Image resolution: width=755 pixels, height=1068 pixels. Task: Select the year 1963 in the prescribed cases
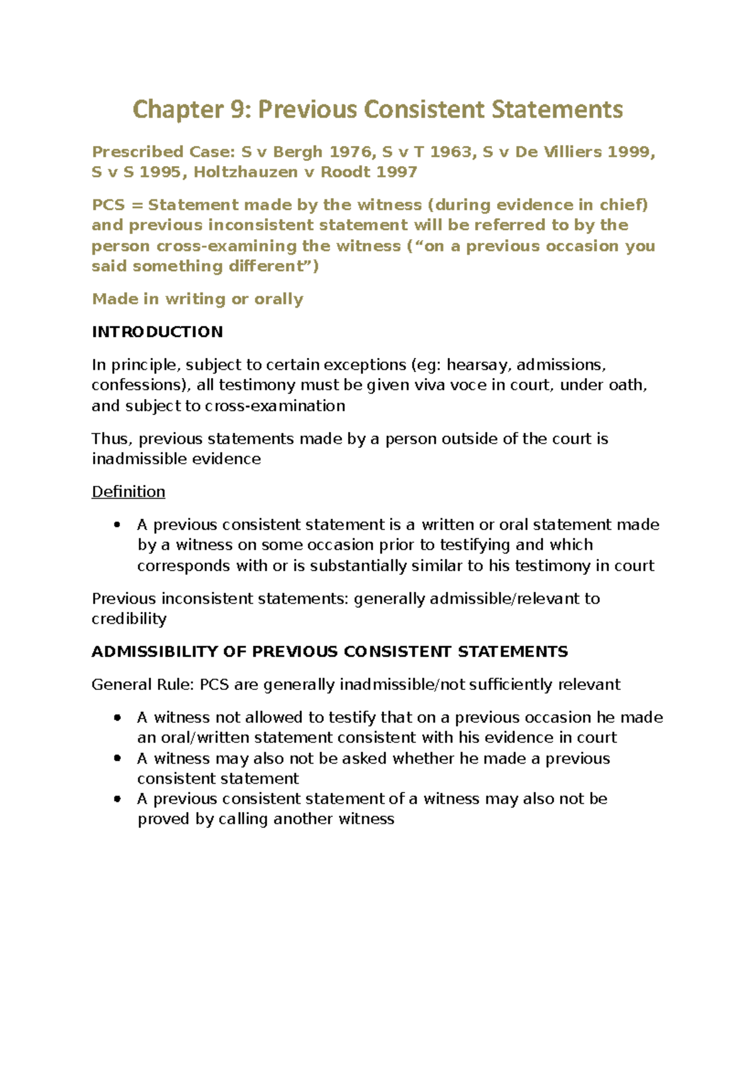[x=451, y=152]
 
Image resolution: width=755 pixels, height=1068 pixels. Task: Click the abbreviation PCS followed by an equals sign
[x=108, y=205]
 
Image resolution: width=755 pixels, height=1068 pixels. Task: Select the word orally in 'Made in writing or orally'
[x=278, y=299]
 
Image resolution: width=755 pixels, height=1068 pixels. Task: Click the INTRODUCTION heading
[x=157, y=332]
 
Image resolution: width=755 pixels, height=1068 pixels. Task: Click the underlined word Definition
[x=128, y=492]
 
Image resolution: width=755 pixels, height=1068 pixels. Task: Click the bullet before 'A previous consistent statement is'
[x=117, y=525]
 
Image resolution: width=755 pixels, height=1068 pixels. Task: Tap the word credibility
[x=129, y=619]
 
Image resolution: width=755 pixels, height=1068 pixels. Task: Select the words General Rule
[x=142, y=684]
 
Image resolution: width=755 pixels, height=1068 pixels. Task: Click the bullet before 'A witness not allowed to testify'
[x=117, y=718]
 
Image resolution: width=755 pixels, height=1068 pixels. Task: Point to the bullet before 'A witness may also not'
[x=117, y=759]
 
